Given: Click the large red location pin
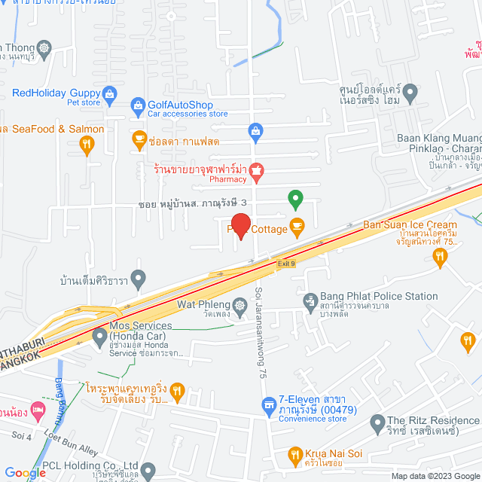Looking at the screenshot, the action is pos(239,225).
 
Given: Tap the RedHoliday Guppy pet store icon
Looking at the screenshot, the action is pos(110,93).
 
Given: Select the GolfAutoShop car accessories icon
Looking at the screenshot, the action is pos(137,105).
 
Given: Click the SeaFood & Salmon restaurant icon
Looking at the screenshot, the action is pos(87,143).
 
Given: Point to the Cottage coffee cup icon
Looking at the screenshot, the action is pos(297,225).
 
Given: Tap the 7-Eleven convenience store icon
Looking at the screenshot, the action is pos(269,407).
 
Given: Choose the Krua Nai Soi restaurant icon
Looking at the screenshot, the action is pos(295,455).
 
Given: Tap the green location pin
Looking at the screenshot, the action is pos(296,200).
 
